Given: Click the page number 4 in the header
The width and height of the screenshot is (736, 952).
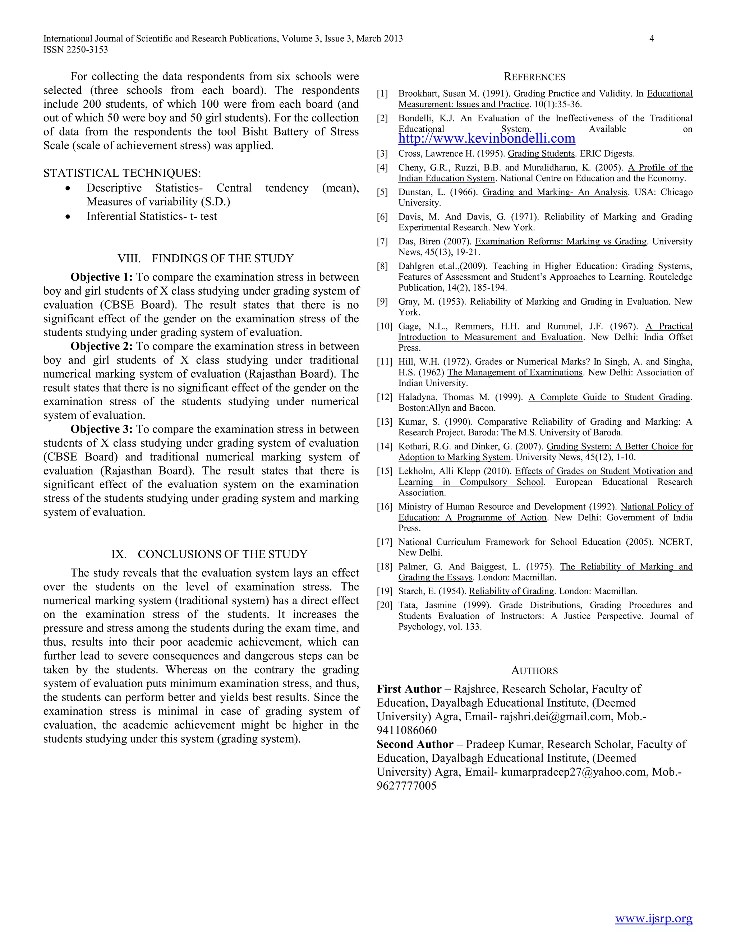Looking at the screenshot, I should [x=652, y=38].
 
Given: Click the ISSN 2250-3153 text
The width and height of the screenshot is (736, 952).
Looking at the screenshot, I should [x=75, y=50].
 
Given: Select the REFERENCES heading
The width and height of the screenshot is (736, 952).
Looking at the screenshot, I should [x=534, y=77].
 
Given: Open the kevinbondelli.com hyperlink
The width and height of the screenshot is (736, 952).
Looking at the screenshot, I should [x=487, y=139].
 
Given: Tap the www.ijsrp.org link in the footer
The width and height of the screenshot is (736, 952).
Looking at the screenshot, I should [x=654, y=919].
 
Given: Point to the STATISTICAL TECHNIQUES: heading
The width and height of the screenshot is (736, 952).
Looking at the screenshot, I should [x=122, y=174].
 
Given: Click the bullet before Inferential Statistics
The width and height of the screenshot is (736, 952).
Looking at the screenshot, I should [x=67, y=217].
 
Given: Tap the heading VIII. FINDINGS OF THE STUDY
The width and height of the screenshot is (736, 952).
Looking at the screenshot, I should [x=205, y=259].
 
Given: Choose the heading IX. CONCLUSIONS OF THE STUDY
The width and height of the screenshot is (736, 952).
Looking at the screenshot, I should [x=209, y=554].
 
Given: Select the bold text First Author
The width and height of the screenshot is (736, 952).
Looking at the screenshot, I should [x=409, y=689].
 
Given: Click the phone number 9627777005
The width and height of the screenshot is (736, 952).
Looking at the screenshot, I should [x=406, y=786].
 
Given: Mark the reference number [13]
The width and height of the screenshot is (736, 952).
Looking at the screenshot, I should [x=385, y=422].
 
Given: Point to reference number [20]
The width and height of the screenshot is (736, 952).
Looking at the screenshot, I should [x=385, y=605].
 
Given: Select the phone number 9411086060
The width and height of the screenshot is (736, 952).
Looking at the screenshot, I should [x=406, y=731].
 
